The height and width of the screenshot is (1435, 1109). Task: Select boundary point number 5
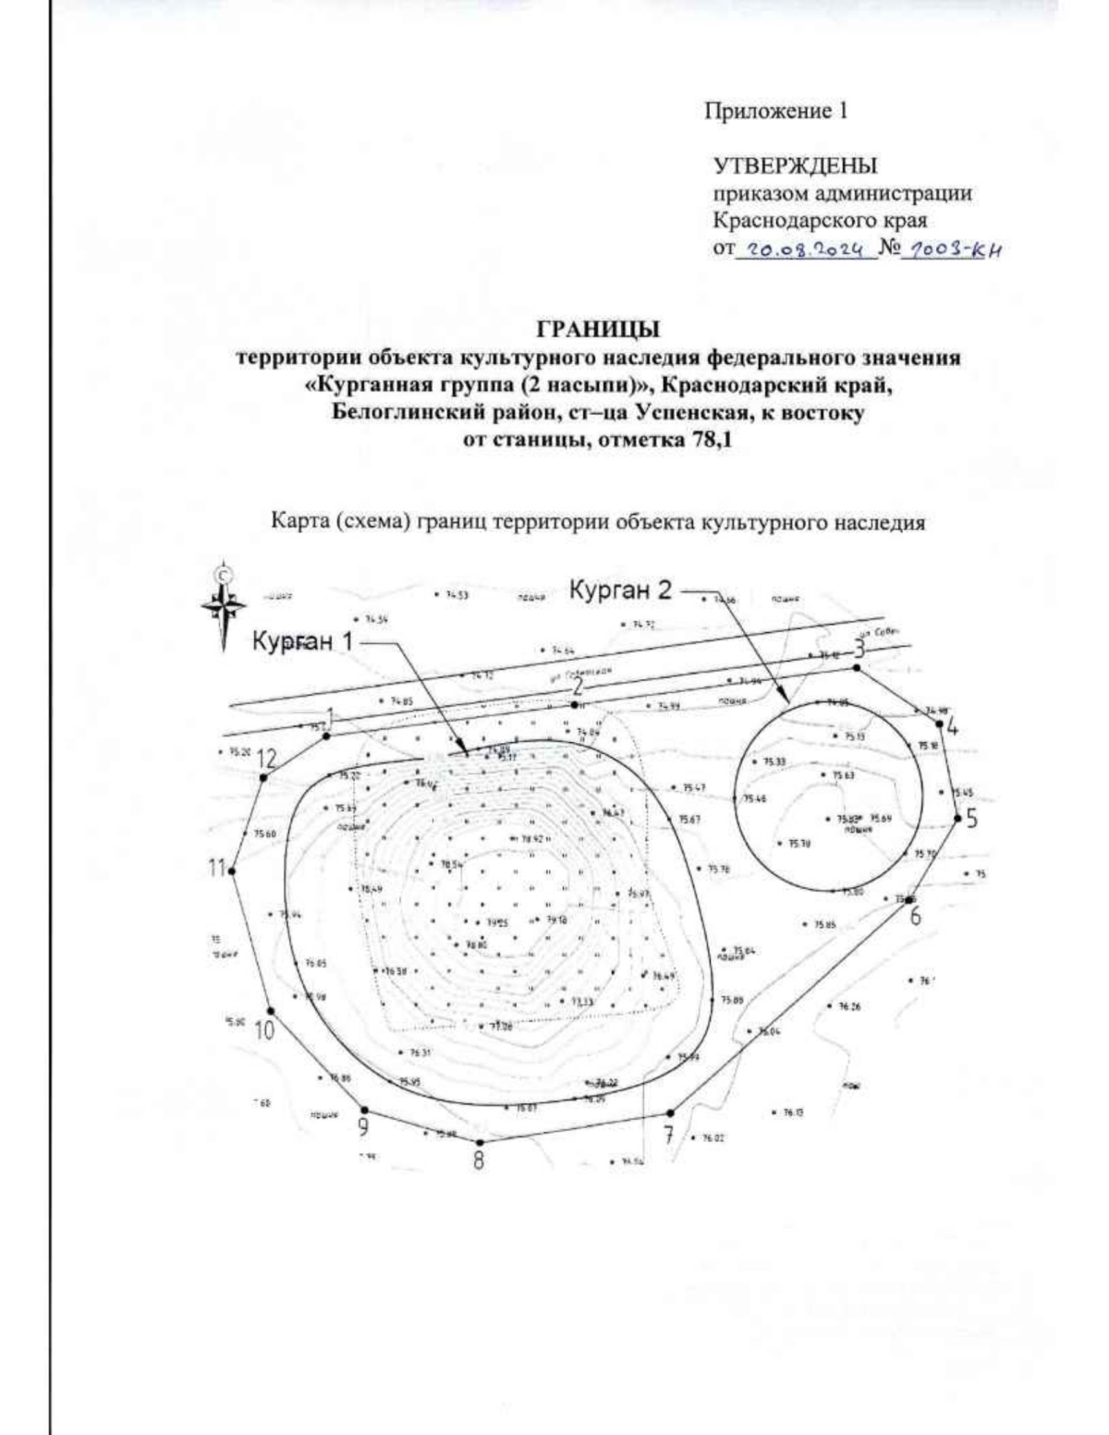pyautogui.click(x=958, y=816)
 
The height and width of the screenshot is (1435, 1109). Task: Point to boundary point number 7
pyautogui.click(x=669, y=1113)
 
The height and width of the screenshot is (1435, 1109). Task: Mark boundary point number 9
pyautogui.click(x=364, y=1110)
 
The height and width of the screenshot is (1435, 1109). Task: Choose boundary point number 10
pyautogui.click(x=270, y=1011)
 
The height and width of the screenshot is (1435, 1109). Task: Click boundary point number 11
pyautogui.click(x=232, y=870)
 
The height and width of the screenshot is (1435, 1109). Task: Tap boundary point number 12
pyautogui.click(x=263, y=778)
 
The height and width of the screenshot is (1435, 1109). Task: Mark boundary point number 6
pyautogui.click(x=910, y=898)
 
